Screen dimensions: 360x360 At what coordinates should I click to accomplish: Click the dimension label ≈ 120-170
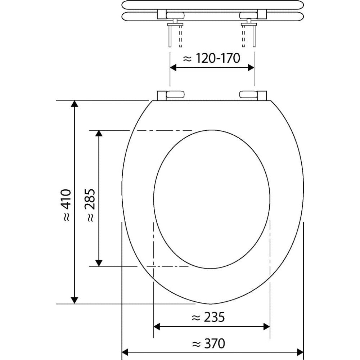tap(211, 58)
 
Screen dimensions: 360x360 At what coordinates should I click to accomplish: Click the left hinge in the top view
tap(171, 95)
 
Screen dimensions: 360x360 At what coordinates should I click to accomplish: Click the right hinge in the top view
tap(253, 95)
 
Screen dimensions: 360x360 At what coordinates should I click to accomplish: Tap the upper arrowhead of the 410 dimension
tap(74, 104)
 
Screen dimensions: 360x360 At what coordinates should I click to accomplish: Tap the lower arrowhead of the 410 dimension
tap(74, 300)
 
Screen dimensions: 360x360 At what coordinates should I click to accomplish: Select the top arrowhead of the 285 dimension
tap(99, 134)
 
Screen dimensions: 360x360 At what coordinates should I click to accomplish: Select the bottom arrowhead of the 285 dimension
tap(99, 262)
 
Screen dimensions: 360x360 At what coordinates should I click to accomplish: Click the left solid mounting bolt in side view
tap(169, 36)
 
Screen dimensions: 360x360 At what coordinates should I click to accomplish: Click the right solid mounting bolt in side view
tap(254, 36)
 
